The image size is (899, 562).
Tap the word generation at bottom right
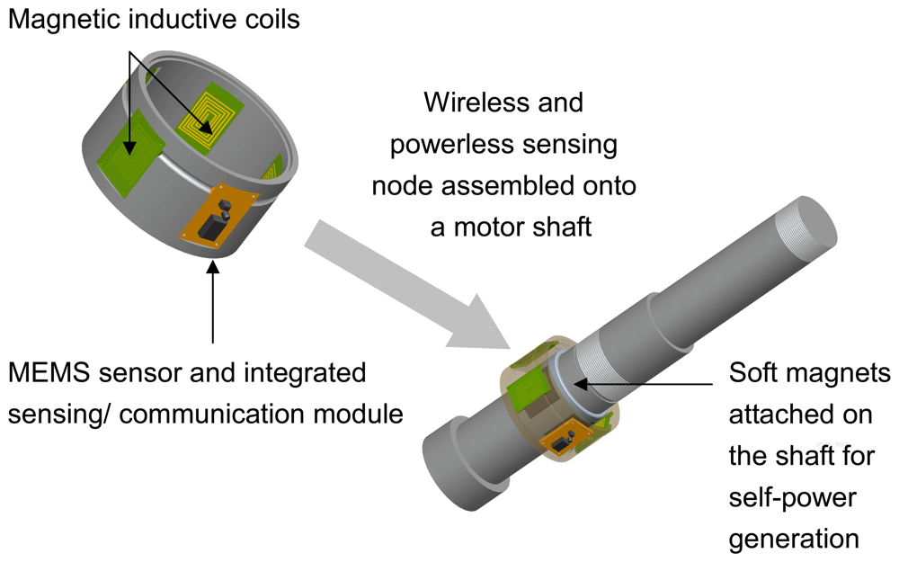pyautogui.click(x=795, y=539)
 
